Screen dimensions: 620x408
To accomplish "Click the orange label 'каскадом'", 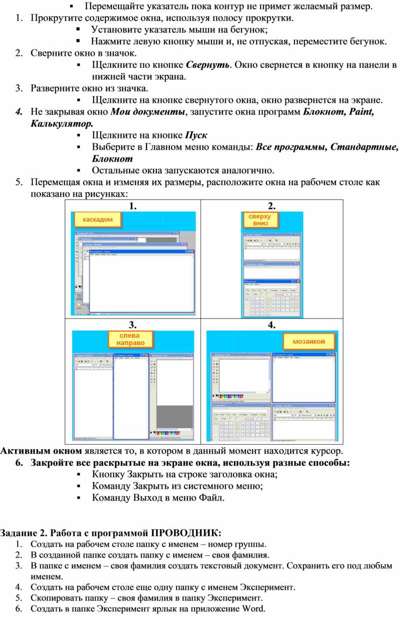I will (97, 219).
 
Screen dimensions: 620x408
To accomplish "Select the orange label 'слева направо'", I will (130, 339).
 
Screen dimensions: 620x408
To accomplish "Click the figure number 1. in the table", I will (132, 205).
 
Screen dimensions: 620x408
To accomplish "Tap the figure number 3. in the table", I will (132, 325).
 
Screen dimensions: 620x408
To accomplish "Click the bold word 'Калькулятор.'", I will (61, 123).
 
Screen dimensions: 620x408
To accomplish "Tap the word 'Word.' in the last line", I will (253, 609).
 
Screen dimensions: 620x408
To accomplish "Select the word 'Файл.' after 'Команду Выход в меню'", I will (212, 498).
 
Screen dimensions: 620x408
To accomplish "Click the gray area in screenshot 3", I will (174, 416).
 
